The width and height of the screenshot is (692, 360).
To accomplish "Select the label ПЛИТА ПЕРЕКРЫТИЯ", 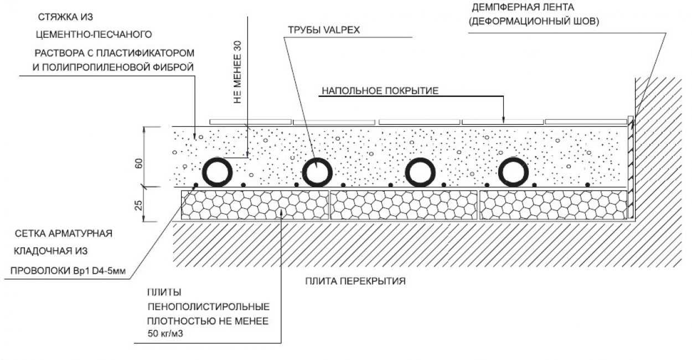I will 355,281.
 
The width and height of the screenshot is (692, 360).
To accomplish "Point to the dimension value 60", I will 139,163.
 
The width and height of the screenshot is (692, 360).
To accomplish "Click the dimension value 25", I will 139,205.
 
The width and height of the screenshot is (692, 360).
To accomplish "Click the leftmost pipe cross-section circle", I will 217,172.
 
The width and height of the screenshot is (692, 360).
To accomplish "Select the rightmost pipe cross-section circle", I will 514,172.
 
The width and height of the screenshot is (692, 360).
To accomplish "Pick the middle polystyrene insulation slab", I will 403,206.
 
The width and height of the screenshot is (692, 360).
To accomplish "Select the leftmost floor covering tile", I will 250,121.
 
